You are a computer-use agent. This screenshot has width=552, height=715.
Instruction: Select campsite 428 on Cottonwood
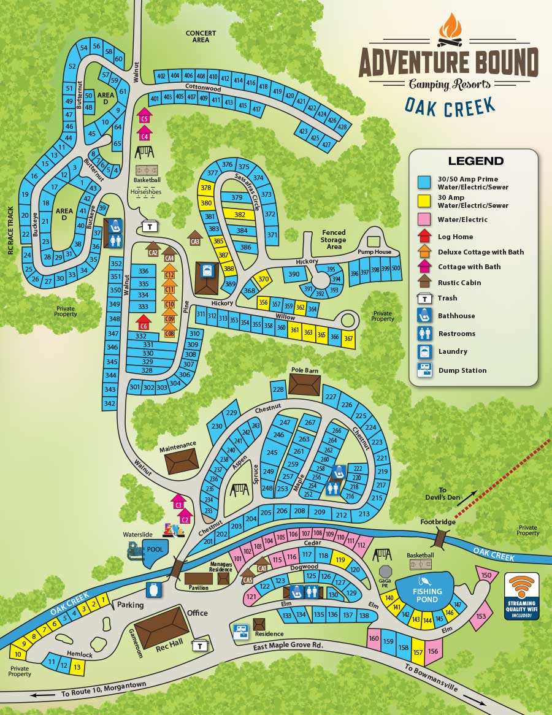point(342,126)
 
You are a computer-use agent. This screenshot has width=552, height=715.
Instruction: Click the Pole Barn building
point(304,385)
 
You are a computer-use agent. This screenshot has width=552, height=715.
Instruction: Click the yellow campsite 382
point(240,215)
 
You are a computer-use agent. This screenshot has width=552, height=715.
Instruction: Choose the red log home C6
point(144,322)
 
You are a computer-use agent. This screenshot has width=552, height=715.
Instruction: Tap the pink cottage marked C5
point(144,116)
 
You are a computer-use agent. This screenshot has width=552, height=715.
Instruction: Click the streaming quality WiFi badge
point(521,596)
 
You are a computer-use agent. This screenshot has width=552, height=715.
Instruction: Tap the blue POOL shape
point(153,549)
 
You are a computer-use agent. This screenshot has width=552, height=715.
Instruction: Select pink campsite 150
point(486,575)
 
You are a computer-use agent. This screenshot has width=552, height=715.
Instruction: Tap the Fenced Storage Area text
point(334,239)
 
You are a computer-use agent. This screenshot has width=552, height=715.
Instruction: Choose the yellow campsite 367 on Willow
point(348,338)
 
